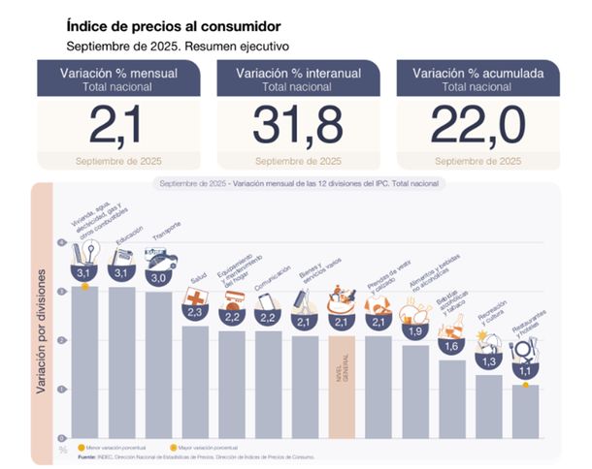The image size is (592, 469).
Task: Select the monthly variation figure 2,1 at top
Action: coord(117,124)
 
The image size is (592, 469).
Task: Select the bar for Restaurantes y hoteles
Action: coord(525,411)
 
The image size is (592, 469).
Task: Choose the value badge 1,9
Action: coord(415,331)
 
